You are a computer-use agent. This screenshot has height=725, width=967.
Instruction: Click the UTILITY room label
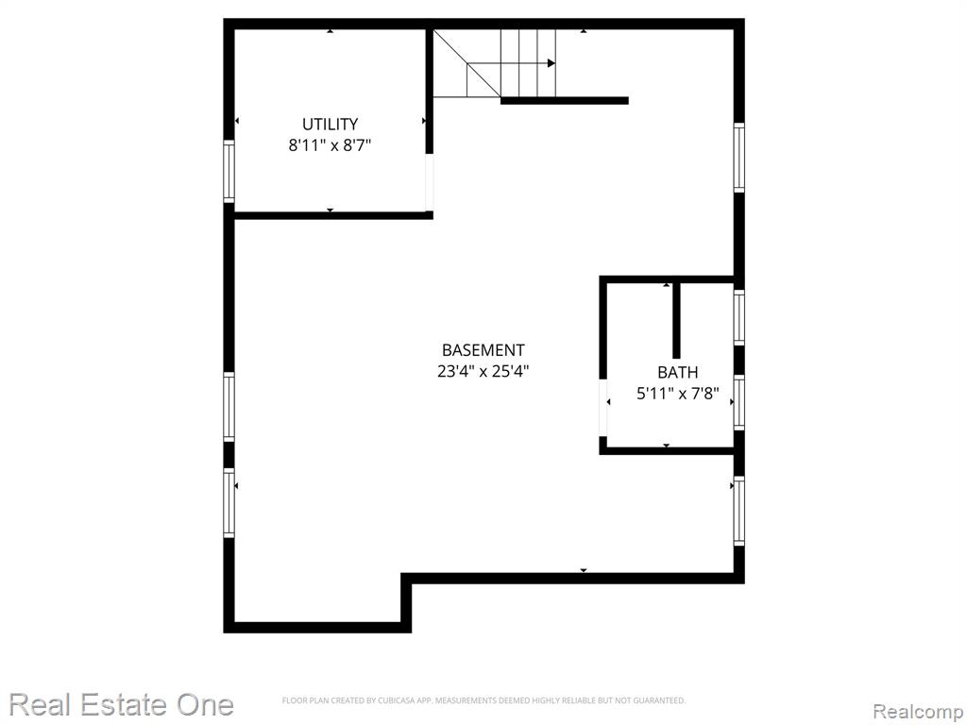tap(330, 124)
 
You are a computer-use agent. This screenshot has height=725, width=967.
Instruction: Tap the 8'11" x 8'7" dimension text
tap(330, 145)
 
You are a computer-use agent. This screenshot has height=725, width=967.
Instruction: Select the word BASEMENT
tap(483, 350)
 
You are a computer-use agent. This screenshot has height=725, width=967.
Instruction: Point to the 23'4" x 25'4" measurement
tap(483, 372)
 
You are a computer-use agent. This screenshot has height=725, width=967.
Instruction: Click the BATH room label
tap(678, 372)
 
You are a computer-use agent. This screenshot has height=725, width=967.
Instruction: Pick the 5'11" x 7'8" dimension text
tap(678, 394)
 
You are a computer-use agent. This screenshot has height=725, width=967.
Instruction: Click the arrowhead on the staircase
tap(551, 63)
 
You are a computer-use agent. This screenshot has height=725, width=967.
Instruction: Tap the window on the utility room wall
tap(229, 172)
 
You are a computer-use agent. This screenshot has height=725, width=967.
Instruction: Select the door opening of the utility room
tap(430, 182)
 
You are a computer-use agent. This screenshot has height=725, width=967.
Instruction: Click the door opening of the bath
tap(603, 409)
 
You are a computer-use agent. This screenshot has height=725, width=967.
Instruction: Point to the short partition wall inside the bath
tap(676, 321)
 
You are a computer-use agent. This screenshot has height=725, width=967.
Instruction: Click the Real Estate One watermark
tap(122, 704)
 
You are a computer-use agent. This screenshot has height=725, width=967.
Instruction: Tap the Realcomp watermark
tap(919, 712)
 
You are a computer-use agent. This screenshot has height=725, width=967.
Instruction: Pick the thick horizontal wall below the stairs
tap(565, 100)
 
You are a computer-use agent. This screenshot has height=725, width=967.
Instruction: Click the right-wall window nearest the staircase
tap(738, 158)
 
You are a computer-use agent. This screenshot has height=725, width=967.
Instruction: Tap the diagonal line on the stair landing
tap(467, 63)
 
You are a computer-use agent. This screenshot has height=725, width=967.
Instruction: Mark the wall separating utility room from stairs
tap(430, 91)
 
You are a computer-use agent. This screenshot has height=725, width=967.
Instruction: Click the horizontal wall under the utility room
tap(333, 215)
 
